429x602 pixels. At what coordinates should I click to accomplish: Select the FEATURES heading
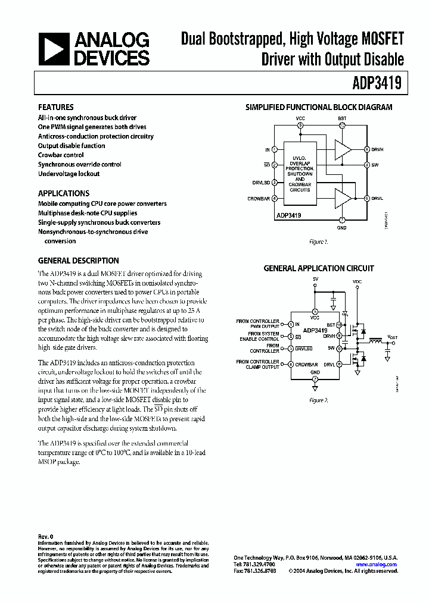(56, 108)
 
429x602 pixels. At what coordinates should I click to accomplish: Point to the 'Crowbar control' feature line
(61, 155)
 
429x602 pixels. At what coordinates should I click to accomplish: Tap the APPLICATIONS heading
(64, 193)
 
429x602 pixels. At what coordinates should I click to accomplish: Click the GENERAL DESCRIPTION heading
(79, 261)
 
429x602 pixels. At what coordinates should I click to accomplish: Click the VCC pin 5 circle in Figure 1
(300, 126)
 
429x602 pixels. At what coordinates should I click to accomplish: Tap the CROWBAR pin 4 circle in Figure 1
(275, 199)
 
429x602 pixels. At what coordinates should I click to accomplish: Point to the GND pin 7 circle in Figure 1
(342, 220)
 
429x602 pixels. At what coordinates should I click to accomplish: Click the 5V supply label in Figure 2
(315, 278)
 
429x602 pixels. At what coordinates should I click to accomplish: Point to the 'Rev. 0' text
(46, 537)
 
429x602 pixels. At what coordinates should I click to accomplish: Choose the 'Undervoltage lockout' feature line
(69, 174)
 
